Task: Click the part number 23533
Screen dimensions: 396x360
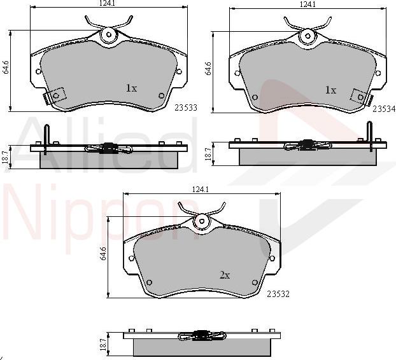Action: (186, 107)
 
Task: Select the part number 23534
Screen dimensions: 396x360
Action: (384, 109)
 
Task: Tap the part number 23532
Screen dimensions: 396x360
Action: (278, 294)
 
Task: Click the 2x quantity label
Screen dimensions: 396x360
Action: (225, 275)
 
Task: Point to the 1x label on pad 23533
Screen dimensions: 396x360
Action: (131, 88)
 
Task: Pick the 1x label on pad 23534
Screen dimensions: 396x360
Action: (330, 90)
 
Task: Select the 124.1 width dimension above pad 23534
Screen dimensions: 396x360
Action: (308, 4)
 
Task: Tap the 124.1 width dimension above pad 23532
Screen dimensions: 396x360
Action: (201, 189)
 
